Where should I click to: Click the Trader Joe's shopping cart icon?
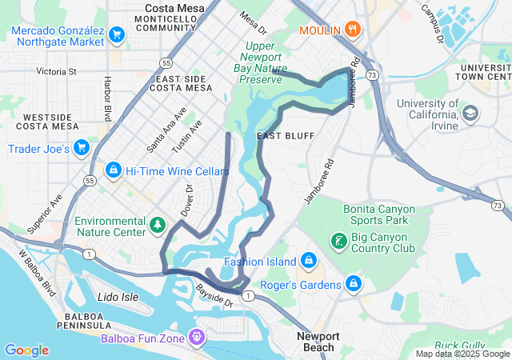[x=81, y=147]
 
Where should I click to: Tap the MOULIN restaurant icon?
[x=353, y=30]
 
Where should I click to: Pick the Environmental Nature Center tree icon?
[x=158, y=226]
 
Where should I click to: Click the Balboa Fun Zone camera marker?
[x=196, y=338]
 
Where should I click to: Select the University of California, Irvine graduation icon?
[x=470, y=114]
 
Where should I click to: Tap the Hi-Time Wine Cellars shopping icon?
[x=113, y=171]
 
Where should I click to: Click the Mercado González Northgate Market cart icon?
[x=117, y=34]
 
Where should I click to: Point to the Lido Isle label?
[x=118, y=297]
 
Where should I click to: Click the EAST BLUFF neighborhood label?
[x=279, y=137]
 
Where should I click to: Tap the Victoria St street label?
[x=55, y=71]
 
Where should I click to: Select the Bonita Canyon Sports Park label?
[x=375, y=214]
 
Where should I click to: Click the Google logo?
[x=26, y=350]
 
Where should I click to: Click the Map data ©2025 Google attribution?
[x=462, y=354]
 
